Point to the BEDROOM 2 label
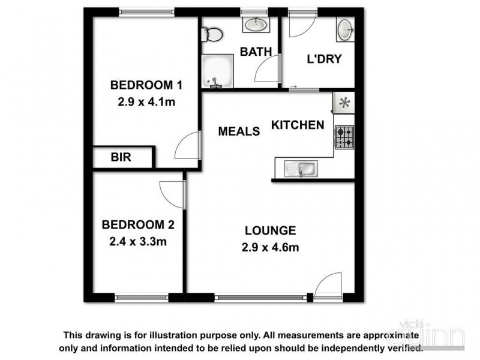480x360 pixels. [138, 225]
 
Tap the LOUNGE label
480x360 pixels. [270, 230]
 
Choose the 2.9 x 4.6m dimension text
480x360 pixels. [270, 247]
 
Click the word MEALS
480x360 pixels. [239, 131]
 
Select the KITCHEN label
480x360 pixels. [298, 125]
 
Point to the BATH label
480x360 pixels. [256, 52]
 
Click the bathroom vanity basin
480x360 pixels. [257, 25]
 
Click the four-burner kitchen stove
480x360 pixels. [344, 137]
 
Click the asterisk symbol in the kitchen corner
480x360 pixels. [344, 103]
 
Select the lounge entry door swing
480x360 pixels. [329, 285]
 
